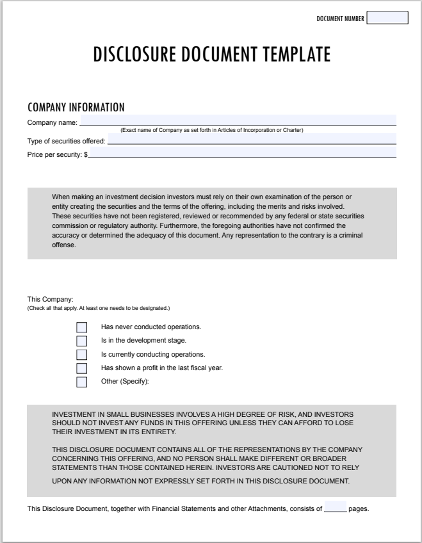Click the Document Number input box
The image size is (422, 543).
(387, 19)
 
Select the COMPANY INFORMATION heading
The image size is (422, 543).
(76, 107)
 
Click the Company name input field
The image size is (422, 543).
(237, 120)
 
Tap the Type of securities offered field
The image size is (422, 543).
(252, 139)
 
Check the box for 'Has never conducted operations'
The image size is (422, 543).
(81, 327)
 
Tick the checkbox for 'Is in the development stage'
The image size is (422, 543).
(81, 341)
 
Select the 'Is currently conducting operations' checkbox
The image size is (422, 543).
(81, 355)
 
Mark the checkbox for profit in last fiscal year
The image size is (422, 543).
(81, 368)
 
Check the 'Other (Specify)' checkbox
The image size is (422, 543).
(81, 382)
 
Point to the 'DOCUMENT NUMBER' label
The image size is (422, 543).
(340, 19)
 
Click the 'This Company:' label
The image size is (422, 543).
(51, 300)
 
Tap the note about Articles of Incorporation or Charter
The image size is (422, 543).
(211, 131)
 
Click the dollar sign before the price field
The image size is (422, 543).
(86, 154)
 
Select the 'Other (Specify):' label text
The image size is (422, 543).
(125, 382)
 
